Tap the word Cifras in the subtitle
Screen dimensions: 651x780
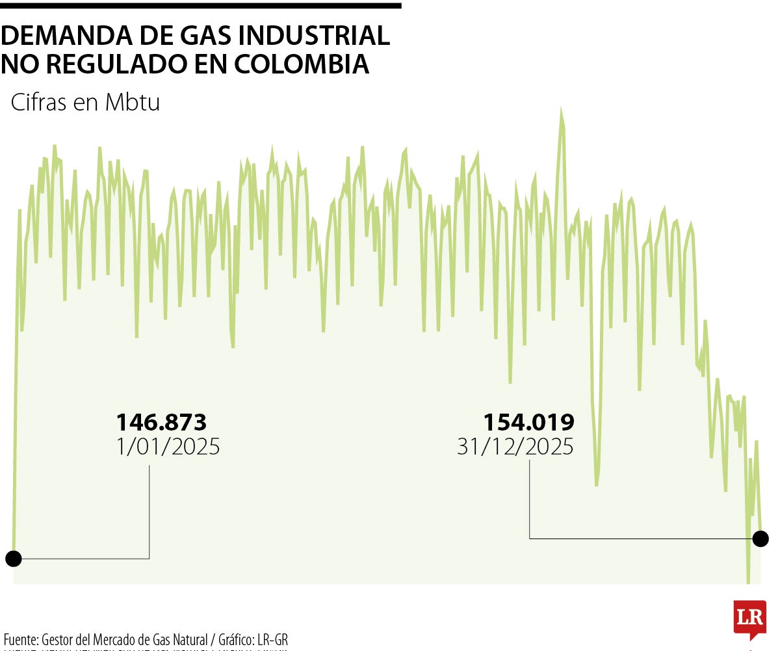click(39, 103)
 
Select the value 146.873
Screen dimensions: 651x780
click(161, 423)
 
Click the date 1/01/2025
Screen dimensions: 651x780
click(168, 447)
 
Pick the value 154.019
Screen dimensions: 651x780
click(528, 423)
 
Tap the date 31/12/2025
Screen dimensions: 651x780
click(515, 447)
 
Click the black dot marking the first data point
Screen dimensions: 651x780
click(13, 558)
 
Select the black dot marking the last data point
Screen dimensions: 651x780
click(760, 538)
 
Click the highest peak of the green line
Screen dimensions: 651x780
click(560, 111)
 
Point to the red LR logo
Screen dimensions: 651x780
click(749, 618)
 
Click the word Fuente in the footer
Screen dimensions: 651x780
click(19, 639)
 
